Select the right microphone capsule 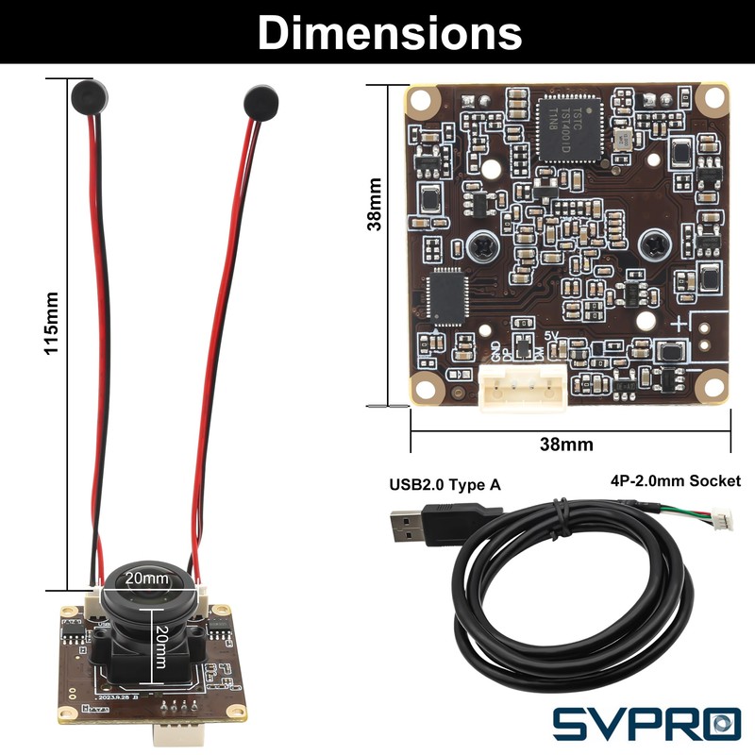(x=257, y=100)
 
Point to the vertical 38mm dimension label (x=376, y=205)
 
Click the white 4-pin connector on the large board (x=522, y=387)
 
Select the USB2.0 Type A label (x=445, y=485)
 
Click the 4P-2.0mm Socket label (x=676, y=481)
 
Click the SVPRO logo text (x=646, y=722)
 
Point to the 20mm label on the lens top (x=147, y=577)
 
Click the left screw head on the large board (x=478, y=248)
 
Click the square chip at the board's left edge (x=443, y=295)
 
